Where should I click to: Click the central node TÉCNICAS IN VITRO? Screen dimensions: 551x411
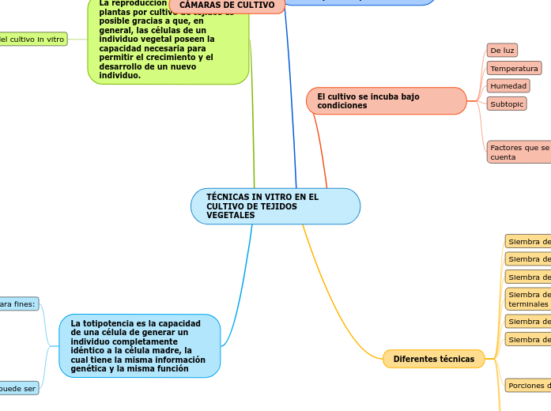click(x=275, y=206)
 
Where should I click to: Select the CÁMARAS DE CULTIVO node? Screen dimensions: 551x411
click(x=227, y=6)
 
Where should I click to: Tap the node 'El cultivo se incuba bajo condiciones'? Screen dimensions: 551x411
click(x=386, y=100)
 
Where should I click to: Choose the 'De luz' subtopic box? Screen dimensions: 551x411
click(x=502, y=51)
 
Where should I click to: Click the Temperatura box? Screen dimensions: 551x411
click(x=514, y=69)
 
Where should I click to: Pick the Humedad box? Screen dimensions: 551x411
click(x=508, y=86)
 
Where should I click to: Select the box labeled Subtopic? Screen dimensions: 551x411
click(x=507, y=104)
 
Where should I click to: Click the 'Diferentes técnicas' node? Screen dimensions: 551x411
click(x=434, y=360)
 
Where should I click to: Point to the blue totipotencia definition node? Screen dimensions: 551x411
click(x=139, y=346)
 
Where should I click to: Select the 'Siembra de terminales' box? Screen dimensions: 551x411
click(x=528, y=299)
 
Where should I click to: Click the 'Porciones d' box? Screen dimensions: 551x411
click(x=528, y=386)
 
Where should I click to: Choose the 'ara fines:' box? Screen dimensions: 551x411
click(x=18, y=304)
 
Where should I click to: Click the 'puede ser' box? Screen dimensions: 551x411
click(x=18, y=388)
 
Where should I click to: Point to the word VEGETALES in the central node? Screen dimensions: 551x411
click(x=231, y=216)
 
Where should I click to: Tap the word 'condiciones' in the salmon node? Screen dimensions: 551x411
click(x=342, y=106)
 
